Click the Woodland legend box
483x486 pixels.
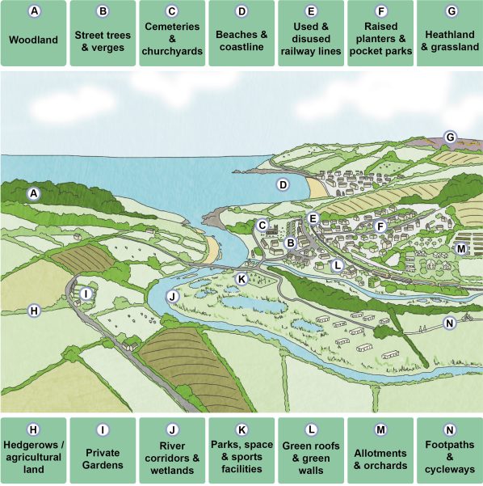click(x=33, y=33)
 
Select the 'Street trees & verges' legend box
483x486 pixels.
click(x=103, y=33)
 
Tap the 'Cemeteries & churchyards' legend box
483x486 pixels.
click(x=171, y=33)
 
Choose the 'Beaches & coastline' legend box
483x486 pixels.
click(x=241, y=33)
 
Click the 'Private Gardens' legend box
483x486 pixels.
click(x=103, y=450)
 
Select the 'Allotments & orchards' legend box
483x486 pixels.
click(x=380, y=450)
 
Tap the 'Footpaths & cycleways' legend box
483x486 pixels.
click(x=449, y=450)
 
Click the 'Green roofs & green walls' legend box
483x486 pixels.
click(x=311, y=450)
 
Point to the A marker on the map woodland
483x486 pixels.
click(x=33, y=193)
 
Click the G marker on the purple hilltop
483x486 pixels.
click(x=450, y=137)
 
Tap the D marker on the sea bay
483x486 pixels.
click(x=283, y=184)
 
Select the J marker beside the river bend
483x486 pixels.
click(x=171, y=297)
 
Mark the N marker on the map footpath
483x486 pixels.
click(x=449, y=323)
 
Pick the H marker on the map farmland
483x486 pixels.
click(x=33, y=310)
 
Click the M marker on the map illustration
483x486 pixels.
click(x=460, y=248)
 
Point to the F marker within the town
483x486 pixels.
click(x=380, y=226)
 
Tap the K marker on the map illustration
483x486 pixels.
click(x=241, y=278)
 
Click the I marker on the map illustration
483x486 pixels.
click(x=85, y=294)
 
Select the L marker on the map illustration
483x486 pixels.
click(x=338, y=264)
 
